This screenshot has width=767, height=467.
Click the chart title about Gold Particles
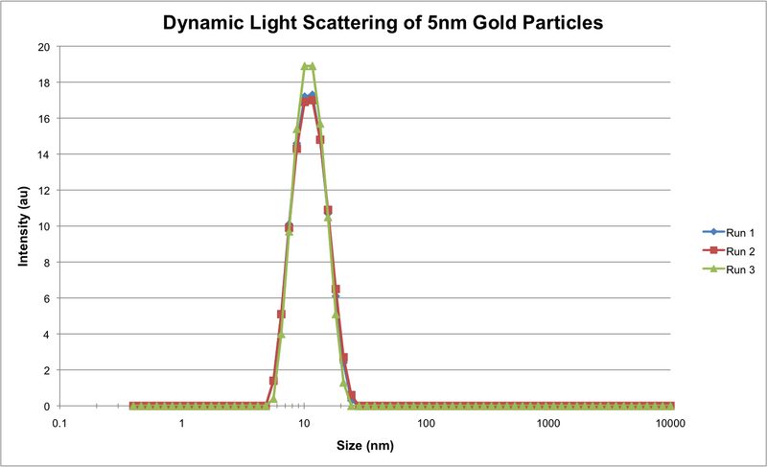(383, 22)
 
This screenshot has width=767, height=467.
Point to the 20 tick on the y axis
(44, 47)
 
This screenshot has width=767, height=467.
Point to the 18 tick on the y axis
(44, 82)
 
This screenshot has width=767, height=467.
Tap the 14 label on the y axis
(44, 154)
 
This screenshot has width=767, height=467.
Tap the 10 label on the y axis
(44, 226)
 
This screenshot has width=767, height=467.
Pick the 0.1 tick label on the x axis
(59, 423)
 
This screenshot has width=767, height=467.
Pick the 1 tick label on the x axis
(182, 423)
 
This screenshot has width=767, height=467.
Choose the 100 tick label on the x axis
(427, 423)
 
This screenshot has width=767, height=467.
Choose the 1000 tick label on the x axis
(548, 423)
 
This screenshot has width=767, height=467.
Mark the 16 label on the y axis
(44, 119)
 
